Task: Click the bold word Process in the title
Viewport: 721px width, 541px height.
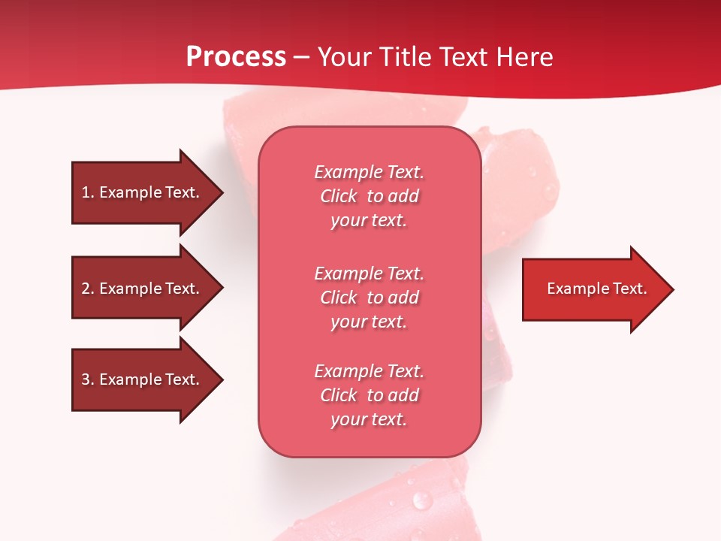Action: (236, 57)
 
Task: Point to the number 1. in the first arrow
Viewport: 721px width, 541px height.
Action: (88, 192)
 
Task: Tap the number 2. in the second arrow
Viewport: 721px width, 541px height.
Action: (88, 289)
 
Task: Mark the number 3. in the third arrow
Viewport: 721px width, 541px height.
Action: (88, 379)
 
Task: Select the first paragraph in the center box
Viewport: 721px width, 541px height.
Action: (369, 196)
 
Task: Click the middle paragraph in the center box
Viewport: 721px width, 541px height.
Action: (369, 298)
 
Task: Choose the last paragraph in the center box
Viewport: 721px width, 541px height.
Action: (369, 395)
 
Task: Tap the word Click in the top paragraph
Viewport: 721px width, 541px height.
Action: (339, 196)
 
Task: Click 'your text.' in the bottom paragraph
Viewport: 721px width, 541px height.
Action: (369, 419)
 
